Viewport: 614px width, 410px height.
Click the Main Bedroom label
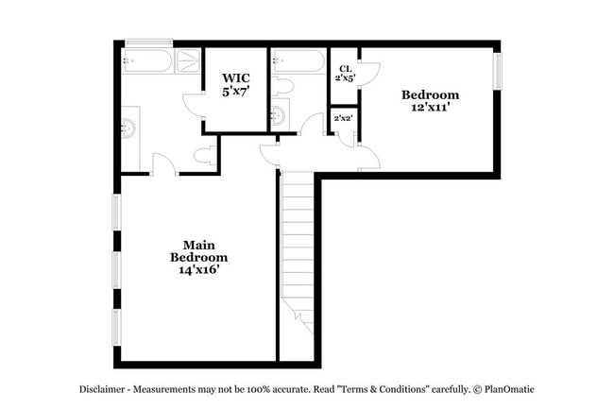[x=199, y=249]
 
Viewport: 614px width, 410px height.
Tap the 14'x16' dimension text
[x=199, y=269]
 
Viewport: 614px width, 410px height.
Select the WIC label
[x=235, y=78]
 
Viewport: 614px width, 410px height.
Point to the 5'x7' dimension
[x=235, y=92]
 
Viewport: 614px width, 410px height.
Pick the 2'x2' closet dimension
[x=343, y=118]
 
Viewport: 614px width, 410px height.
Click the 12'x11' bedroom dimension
[x=430, y=108]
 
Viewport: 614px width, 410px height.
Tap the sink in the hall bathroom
[x=278, y=116]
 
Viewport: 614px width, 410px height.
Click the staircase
[x=298, y=246]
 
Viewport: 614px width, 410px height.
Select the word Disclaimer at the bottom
[x=103, y=389]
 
